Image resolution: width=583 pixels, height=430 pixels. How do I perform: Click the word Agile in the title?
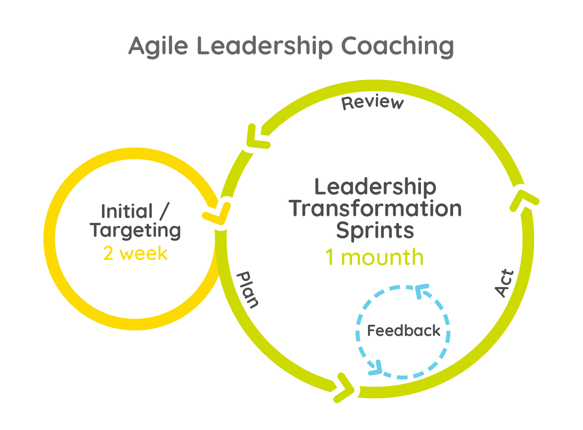[158, 46]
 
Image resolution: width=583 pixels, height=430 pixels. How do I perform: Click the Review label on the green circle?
[373, 102]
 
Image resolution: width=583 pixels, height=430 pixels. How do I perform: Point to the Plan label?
[248, 290]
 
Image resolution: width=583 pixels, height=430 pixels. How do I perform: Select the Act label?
[504, 283]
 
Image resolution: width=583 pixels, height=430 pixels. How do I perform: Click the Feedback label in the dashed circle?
[404, 331]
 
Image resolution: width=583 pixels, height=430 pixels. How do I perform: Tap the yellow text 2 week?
[135, 254]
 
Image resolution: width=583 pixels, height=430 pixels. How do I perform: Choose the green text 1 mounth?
[374, 257]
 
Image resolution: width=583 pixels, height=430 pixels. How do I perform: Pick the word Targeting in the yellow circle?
[135, 230]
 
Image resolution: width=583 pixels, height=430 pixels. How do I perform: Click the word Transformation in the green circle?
[375, 209]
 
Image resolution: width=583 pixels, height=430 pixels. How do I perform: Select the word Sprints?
[375, 230]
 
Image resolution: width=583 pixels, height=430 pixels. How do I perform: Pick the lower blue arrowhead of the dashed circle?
[376, 368]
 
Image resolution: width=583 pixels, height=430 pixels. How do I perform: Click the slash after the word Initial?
[164, 211]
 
